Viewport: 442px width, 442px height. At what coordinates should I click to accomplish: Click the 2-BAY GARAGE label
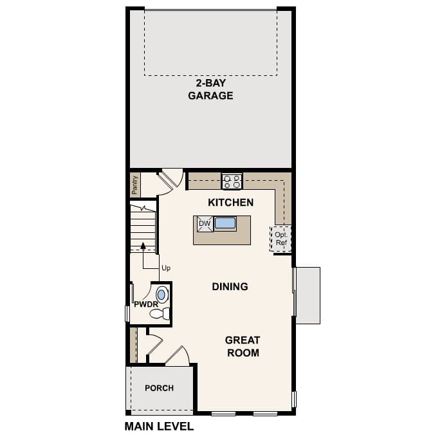click(x=210, y=89)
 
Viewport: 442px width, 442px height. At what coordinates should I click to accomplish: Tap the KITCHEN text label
click(x=230, y=202)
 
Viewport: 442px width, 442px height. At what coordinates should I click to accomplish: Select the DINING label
click(x=230, y=286)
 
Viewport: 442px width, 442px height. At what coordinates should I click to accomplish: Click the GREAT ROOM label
click(x=243, y=346)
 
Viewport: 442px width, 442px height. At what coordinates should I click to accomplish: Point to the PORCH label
click(x=159, y=388)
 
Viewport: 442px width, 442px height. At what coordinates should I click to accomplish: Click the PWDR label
click(x=145, y=304)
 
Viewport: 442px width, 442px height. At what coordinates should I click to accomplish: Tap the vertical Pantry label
click(x=134, y=185)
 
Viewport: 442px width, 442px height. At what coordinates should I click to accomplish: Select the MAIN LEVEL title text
click(x=158, y=426)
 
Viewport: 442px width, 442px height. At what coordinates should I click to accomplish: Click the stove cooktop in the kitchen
click(x=232, y=181)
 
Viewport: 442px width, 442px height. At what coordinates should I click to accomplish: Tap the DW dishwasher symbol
click(x=204, y=224)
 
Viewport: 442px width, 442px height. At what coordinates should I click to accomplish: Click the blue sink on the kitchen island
click(x=225, y=223)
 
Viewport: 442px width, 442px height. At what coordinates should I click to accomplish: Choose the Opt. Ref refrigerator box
click(x=281, y=238)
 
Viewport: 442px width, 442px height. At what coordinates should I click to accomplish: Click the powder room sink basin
click(x=161, y=295)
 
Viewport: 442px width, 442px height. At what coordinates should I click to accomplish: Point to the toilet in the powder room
click(x=160, y=314)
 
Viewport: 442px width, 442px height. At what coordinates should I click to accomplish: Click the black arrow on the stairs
click(x=143, y=246)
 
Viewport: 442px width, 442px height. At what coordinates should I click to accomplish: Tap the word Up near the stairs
click(x=166, y=268)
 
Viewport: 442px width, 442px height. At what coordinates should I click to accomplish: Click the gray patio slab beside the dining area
click(x=308, y=295)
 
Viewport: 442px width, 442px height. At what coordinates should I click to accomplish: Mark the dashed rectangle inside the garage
click(x=210, y=42)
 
